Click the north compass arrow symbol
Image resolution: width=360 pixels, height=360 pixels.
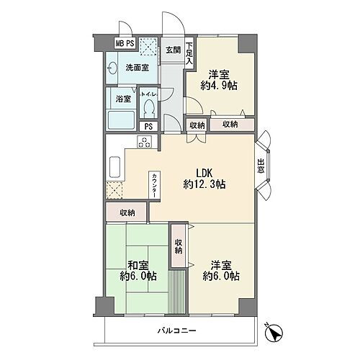(x=274, y=333)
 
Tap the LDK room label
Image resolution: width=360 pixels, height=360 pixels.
(x=204, y=173)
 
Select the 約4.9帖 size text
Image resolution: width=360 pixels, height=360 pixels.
(x=219, y=86)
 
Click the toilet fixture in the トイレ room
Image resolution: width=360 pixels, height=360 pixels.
(x=149, y=109)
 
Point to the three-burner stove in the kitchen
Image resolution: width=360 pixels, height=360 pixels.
(x=145, y=142)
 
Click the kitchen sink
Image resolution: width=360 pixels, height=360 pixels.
(x=114, y=167)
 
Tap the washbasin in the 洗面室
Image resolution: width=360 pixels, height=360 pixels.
(x=112, y=68)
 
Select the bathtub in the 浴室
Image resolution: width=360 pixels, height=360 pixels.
(x=121, y=120)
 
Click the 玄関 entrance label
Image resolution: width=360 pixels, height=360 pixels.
(x=174, y=50)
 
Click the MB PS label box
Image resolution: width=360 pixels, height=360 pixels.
(x=125, y=43)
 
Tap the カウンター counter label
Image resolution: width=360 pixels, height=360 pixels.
(x=154, y=185)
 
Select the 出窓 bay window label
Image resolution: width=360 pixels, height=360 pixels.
(x=261, y=166)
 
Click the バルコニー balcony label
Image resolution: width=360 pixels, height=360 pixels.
(x=177, y=331)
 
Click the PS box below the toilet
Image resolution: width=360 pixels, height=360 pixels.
(x=149, y=127)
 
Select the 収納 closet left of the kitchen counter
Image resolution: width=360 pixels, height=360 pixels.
(x=127, y=212)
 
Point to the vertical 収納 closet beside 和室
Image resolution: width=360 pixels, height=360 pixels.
(x=178, y=246)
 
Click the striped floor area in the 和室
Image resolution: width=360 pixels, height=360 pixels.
(x=176, y=292)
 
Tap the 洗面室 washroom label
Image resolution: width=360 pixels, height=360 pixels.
(x=138, y=68)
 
